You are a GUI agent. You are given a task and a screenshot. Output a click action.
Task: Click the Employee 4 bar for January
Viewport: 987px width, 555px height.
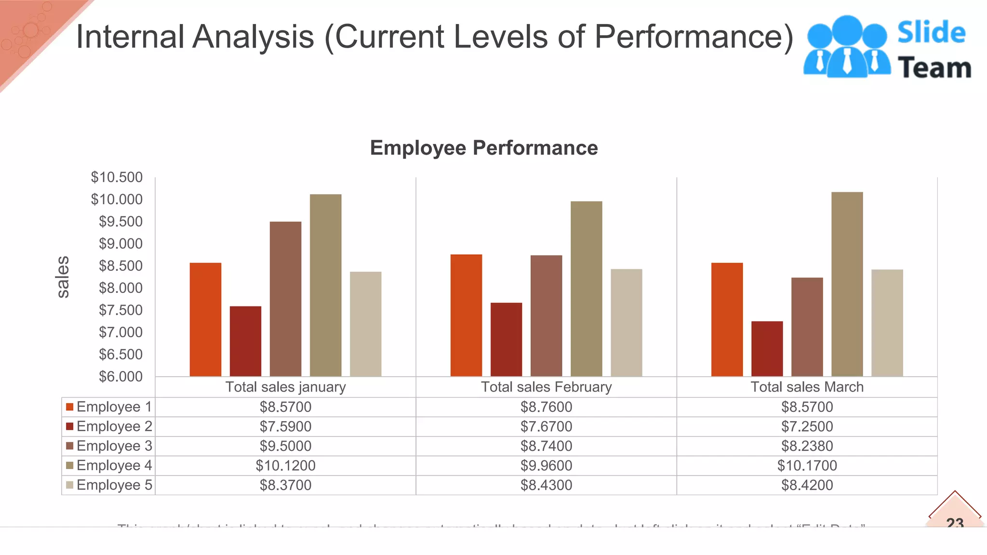click(x=325, y=285)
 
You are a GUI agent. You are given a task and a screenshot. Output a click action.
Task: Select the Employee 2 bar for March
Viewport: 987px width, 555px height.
click(x=767, y=349)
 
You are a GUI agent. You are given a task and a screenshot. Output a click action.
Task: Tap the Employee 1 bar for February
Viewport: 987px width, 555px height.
click(x=466, y=315)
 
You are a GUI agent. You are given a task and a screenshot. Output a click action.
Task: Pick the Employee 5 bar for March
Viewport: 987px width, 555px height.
click(x=887, y=323)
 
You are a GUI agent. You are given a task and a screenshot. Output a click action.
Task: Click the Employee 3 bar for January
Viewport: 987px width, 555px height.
click(x=285, y=299)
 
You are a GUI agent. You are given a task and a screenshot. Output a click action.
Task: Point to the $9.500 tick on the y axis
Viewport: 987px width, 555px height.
click(x=120, y=222)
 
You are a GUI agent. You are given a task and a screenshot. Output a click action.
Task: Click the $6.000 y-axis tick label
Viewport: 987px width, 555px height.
click(x=120, y=377)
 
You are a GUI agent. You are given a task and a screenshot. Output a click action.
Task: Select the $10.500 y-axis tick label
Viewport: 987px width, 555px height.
click(x=117, y=177)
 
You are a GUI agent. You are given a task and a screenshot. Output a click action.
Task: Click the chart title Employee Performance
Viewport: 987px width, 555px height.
click(x=483, y=148)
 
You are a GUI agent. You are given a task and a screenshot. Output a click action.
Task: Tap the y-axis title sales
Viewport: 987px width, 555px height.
click(x=63, y=277)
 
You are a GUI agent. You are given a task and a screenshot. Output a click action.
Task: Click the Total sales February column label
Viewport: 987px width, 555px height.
click(x=546, y=387)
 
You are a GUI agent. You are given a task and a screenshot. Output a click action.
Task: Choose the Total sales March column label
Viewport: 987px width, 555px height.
click(x=807, y=387)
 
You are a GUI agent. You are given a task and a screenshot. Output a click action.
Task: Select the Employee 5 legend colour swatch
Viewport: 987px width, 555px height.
click(x=70, y=485)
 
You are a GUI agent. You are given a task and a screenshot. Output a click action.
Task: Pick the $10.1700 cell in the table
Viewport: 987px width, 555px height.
click(x=807, y=465)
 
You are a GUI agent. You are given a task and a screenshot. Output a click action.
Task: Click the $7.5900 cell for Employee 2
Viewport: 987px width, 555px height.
click(x=285, y=426)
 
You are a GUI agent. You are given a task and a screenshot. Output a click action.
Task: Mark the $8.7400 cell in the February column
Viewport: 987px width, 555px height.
click(x=546, y=446)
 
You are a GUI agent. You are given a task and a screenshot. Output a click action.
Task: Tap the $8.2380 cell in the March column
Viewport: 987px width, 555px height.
click(x=807, y=446)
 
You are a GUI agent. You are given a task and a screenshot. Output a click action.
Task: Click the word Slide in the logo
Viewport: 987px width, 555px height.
click(x=931, y=33)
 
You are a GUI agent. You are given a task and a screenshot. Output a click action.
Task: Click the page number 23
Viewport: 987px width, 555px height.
click(x=955, y=522)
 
